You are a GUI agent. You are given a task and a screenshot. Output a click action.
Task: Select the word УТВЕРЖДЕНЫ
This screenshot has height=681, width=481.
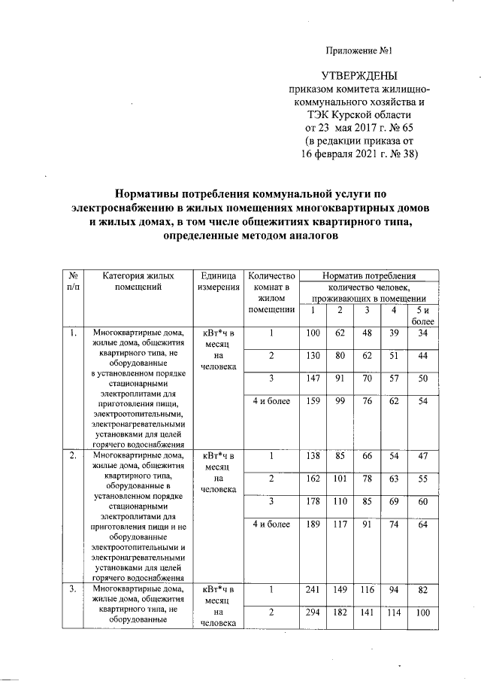coord(360,76)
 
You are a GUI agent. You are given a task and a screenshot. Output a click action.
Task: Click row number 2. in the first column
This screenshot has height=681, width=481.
coord(73,456)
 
